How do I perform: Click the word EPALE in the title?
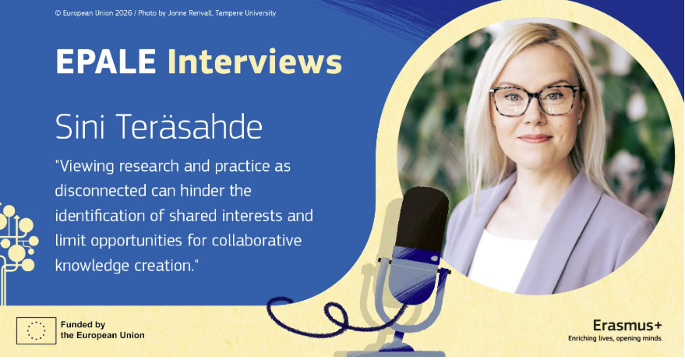106,61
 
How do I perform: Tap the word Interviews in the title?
255,61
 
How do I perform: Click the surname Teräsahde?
189,127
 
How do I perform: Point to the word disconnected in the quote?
101,190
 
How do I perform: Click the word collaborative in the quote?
257,240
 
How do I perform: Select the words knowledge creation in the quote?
125,265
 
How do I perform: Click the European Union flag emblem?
37,330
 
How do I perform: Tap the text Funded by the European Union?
103,330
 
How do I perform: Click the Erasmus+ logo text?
627,326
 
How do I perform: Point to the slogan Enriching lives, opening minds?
615,338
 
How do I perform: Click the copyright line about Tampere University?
165,13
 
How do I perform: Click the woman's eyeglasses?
535,101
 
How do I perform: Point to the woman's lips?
535,139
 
